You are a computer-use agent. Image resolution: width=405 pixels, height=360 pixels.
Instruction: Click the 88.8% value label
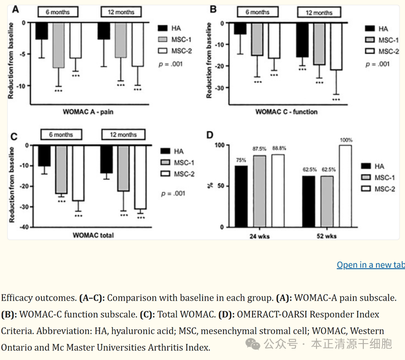pyautogui.click(x=278, y=148)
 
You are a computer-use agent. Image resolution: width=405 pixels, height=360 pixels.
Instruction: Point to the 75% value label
pyautogui.click(x=241, y=160)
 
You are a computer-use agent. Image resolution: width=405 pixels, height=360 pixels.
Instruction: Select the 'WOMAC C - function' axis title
pyautogui.click(x=286, y=112)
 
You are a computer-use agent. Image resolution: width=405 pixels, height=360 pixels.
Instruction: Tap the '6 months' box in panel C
pyautogui.click(x=60, y=135)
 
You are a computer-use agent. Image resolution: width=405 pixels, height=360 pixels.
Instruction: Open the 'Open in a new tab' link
pyautogui.click(x=370, y=265)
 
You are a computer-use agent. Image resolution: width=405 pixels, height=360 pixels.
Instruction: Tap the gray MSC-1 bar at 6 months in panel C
pyautogui.click(x=61, y=169)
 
